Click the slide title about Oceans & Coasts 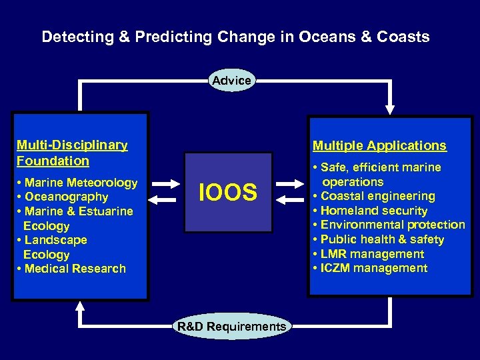235,37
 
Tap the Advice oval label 231,81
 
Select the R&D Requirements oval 231,327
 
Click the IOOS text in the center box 228,193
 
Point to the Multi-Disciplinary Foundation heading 72,153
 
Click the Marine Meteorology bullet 77,183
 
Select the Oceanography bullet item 63,197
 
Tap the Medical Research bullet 71,269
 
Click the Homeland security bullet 370,211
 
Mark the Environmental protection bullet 389,225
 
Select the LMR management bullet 368,254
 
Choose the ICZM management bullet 370,268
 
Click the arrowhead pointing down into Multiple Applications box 390,108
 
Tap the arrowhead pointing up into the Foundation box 81,304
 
